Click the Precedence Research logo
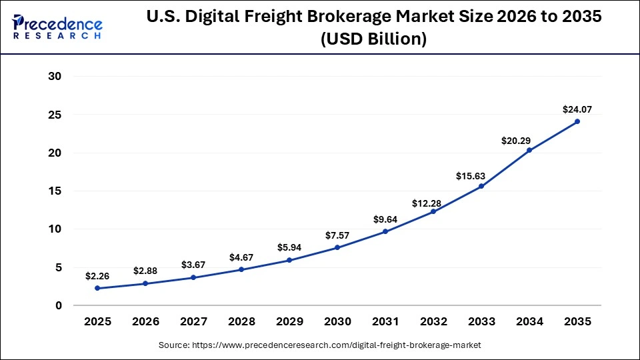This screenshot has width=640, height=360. pyautogui.click(x=57, y=27)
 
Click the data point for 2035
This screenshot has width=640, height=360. pyautogui.click(x=577, y=121)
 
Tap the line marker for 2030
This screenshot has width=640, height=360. pyautogui.click(x=337, y=247)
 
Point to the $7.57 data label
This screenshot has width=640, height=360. pyautogui.click(x=337, y=235)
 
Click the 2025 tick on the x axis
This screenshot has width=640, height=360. pyautogui.click(x=97, y=321)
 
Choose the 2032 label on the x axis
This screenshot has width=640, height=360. pyautogui.click(x=433, y=321)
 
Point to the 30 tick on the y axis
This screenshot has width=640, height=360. pyautogui.click(x=55, y=77)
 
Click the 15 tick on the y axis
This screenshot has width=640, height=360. pyautogui.click(x=55, y=191)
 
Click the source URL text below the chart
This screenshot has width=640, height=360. pyautogui.click(x=320, y=345)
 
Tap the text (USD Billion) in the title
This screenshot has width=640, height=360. pyautogui.click(x=373, y=39)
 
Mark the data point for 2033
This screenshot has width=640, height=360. pyautogui.click(x=481, y=186)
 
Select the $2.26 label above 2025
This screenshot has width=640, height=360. pyautogui.click(x=97, y=275)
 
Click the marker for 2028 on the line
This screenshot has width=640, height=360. pyautogui.click(x=241, y=269)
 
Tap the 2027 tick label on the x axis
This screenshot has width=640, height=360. pyautogui.click(x=193, y=321)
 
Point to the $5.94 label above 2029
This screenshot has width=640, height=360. pyautogui.click(x=289, y=247)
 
